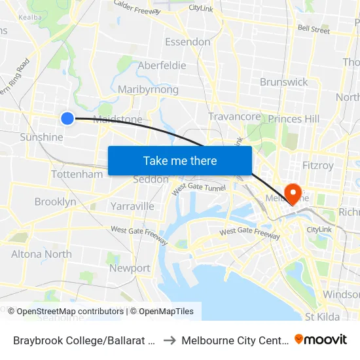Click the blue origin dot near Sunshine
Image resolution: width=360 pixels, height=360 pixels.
[67, 118]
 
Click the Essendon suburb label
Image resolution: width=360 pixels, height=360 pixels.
[187, 42]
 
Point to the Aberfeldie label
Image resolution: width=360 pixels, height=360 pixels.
[162, 65]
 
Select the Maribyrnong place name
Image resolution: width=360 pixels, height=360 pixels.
[148, 89]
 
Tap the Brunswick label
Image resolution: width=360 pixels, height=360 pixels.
[283, 82]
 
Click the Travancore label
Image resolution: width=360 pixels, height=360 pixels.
[234, 117]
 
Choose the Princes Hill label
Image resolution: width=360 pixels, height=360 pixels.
[294, 118]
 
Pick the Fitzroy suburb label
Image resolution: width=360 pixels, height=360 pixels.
[317, 166]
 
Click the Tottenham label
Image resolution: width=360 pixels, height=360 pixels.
[77, 174]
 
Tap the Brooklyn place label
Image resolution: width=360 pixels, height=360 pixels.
[55, 202]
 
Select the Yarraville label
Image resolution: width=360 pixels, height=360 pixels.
[132, 206]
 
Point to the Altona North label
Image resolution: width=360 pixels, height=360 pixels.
[41, 254]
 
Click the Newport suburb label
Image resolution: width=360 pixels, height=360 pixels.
[130, 268]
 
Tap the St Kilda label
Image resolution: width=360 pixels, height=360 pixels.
[321, 317]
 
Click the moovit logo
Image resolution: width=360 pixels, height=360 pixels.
[321, 340]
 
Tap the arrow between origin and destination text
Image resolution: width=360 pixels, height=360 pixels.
[168, 340]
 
